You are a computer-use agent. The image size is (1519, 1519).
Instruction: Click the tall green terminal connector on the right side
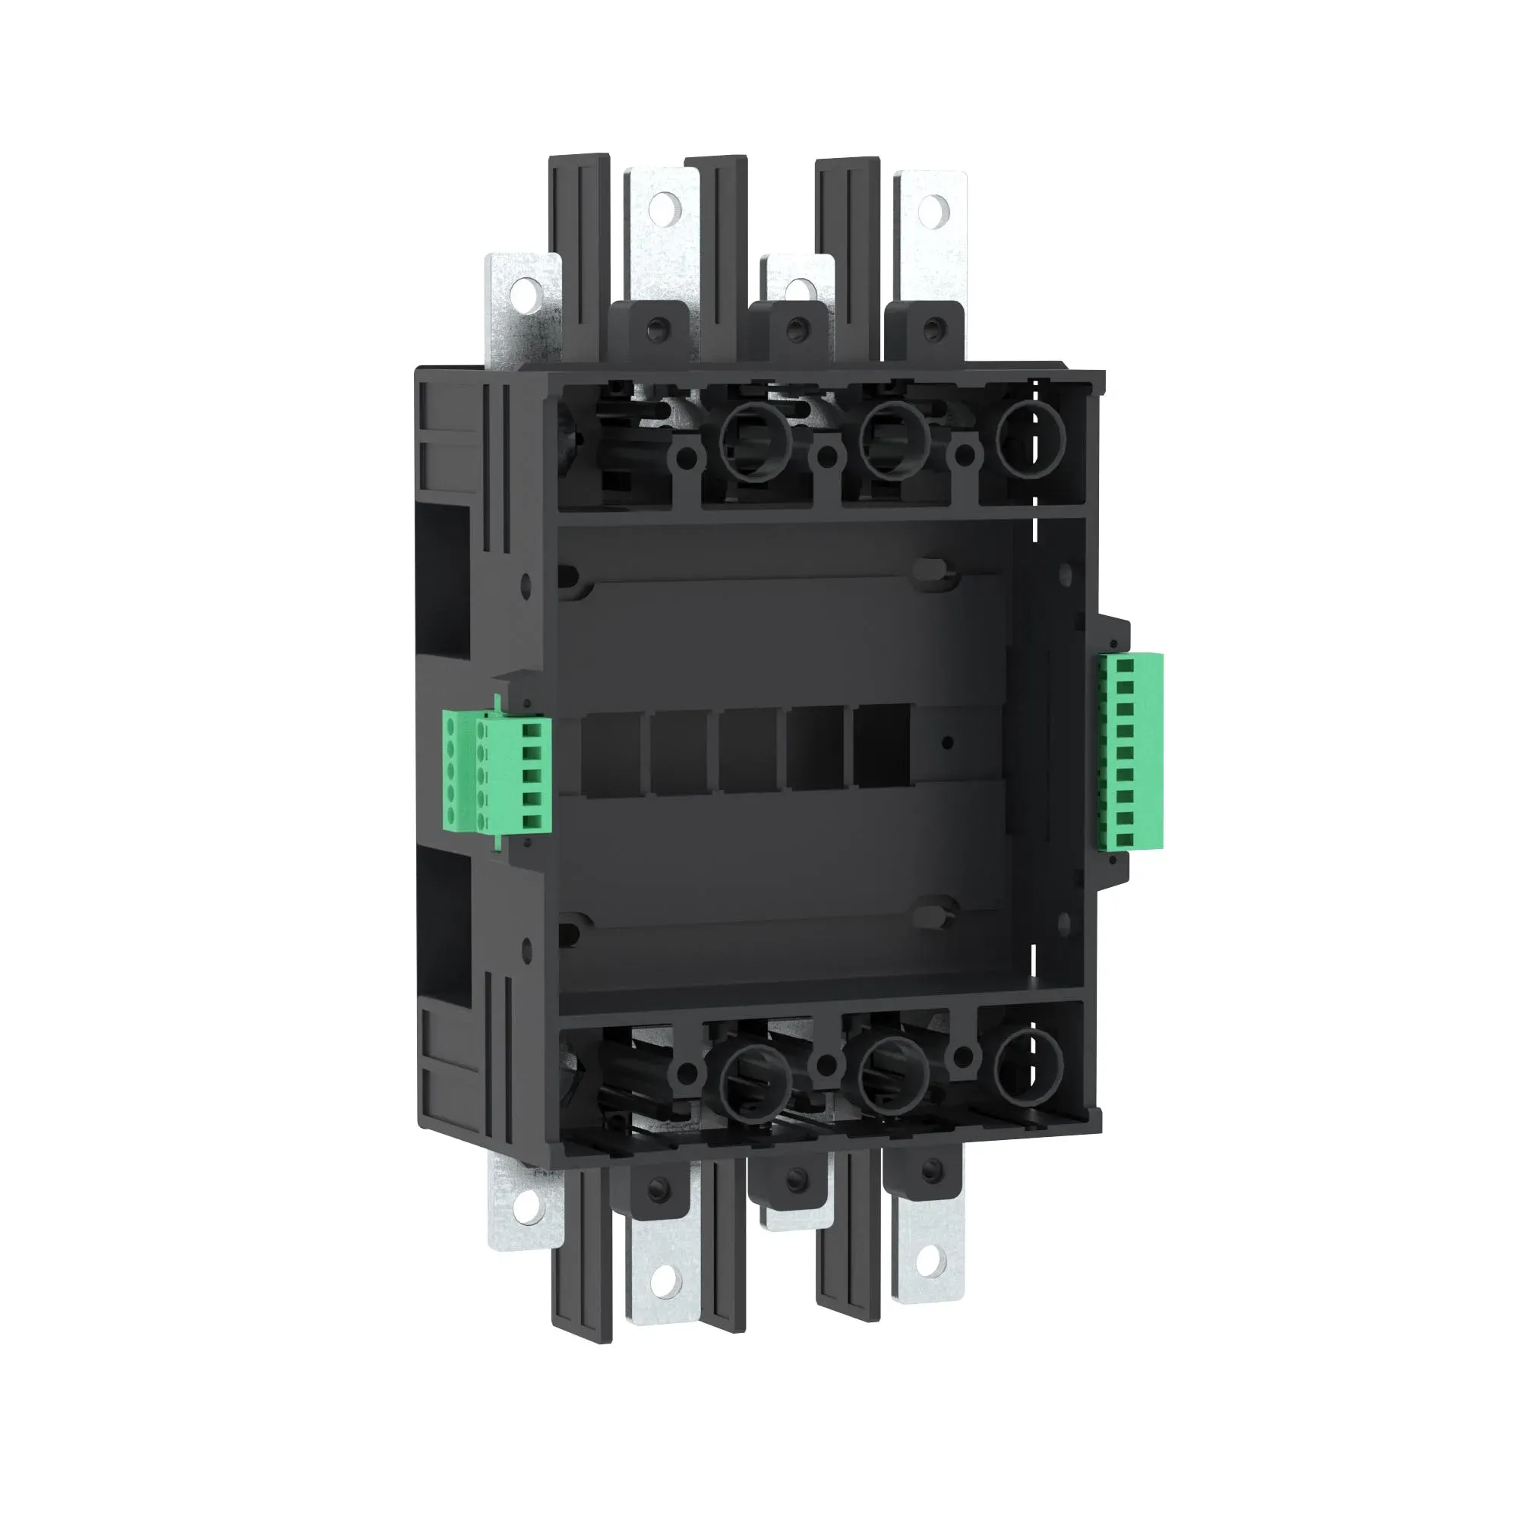tap(1131, 751)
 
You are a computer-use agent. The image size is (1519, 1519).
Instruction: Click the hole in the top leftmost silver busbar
tap(520, 295)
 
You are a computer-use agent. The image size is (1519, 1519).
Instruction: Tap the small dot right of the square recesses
tap(947, 742)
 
